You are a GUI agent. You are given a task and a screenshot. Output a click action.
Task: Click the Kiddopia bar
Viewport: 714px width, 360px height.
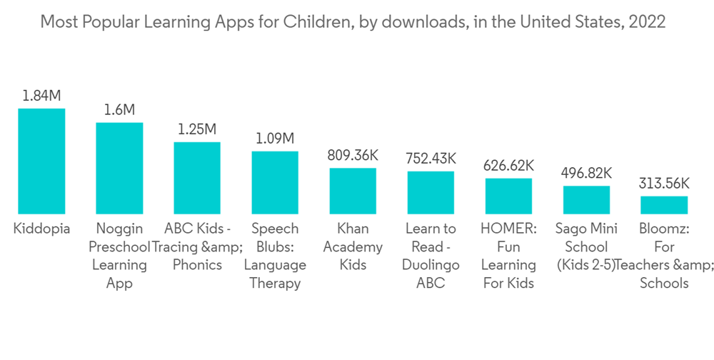tap(41, 161)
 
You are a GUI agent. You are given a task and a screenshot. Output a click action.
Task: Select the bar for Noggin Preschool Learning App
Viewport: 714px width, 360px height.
tap(119, 169)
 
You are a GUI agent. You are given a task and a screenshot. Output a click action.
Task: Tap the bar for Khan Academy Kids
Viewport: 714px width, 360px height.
tap(353, 191)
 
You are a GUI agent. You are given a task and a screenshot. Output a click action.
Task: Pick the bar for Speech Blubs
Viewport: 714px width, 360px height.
tap(275, 182)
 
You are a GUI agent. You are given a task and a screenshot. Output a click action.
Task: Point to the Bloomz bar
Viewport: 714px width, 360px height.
tap(664, 205)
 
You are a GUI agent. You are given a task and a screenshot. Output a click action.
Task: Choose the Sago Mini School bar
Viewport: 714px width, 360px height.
tap(586, 200)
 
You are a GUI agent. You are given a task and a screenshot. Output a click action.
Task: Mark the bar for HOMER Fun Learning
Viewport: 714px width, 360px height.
tap(508, 196)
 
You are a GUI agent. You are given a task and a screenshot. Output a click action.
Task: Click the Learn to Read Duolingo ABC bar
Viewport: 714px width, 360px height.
tap(431, 193)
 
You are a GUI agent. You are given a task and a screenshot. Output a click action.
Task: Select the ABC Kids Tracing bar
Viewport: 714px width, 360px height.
tap(197, 178)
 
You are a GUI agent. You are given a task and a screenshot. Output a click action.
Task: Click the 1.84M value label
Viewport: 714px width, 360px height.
tap(41, 96)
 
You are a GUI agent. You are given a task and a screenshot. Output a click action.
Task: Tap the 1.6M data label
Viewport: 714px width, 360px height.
tap(119, 110)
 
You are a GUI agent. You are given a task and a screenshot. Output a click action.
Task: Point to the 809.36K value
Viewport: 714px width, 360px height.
tap(353, 155)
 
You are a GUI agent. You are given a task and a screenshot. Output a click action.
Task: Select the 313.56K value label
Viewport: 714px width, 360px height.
tap(664, 183)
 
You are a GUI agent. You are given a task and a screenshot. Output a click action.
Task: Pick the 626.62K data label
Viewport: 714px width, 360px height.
tap(508, 166)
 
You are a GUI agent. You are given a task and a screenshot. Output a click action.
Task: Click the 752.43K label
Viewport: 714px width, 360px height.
tap(431, 159)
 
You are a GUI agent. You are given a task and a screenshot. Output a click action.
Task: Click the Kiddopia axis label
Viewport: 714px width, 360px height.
tap(41, 229)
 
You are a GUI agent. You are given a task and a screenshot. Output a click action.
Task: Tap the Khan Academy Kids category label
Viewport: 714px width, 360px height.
tap(353, 247)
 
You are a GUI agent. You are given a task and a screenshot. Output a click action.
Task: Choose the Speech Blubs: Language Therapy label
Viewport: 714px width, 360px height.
tap(275, 256)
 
